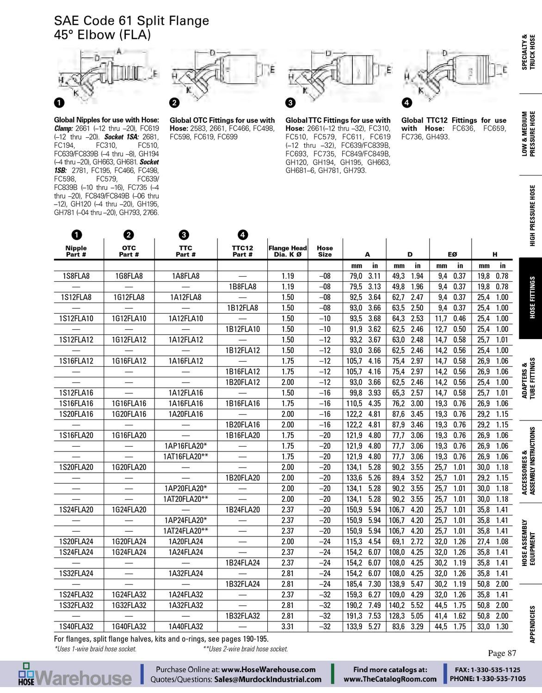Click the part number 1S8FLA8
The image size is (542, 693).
click(x=76, y=276)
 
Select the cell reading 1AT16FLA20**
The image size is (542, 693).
click(x=185, y=456)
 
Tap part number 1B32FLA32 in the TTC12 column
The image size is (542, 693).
click(x=243, y=616)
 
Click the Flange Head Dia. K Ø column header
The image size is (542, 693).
click(x=288, y=251)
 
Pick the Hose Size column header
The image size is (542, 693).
click(x=325, y=251)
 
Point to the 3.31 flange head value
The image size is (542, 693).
click(x=288, y=626)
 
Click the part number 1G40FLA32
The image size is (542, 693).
click(x=129, y=626)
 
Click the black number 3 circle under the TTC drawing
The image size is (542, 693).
click(x=290, y=102)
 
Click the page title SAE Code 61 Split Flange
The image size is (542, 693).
click(x=131, y=21)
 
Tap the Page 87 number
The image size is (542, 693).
click(x=502, y=653)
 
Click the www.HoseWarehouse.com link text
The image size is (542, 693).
click(x=268, y=669)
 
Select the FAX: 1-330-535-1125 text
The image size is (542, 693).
click(x=487, y=669)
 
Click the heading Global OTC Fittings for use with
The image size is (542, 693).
click(x=222, y=120)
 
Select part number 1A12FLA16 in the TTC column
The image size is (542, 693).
click(x=185, y=393)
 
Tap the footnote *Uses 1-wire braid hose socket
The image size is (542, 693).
click(x=95, y=649)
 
